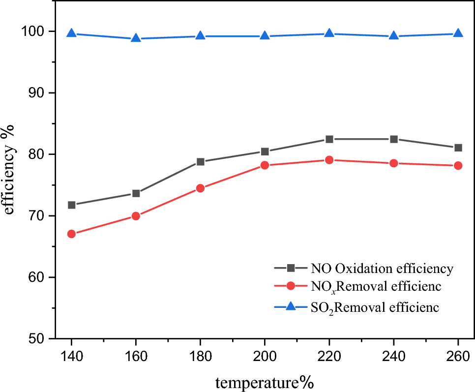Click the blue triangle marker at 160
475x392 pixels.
click(x=136, y=38)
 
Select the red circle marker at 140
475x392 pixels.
click(x=71, y=234)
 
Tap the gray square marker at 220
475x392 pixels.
click(x=329, y=139)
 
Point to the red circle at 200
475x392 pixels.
click(x=265, y=165)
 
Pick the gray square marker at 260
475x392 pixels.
click(x=458, y=148)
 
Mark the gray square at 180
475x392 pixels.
click(x=200, y=161)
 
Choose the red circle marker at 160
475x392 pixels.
click(x=136, y=216)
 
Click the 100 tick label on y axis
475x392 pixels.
click(x=32, y=31)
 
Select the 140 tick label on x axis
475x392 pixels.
click(x=71, y=357)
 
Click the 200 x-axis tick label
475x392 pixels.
click(x=265, y=357)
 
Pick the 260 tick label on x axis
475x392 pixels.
click(x=458, y=357)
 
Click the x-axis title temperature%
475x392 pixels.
click(x=265, y=381)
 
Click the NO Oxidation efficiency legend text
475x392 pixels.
click(x=382, y=269)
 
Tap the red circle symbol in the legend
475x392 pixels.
click(x=291, y=286)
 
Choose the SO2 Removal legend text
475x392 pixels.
click(x=375, y=308)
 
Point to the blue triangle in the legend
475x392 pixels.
click(x=291, y=306)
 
